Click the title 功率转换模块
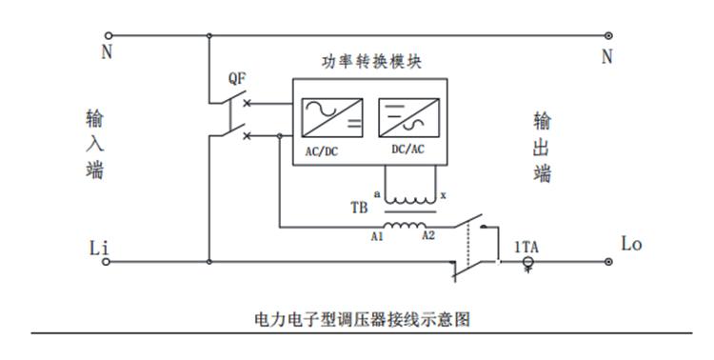click(x=371, y=60)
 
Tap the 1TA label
click(x=528, y=245)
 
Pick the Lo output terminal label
click(x=631, y=245)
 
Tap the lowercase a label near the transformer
click(x=378, y=194)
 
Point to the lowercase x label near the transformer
click(x=443, y=195)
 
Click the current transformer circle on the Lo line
click(x=526, y=260)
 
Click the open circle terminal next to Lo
click(x=607, y=260)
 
